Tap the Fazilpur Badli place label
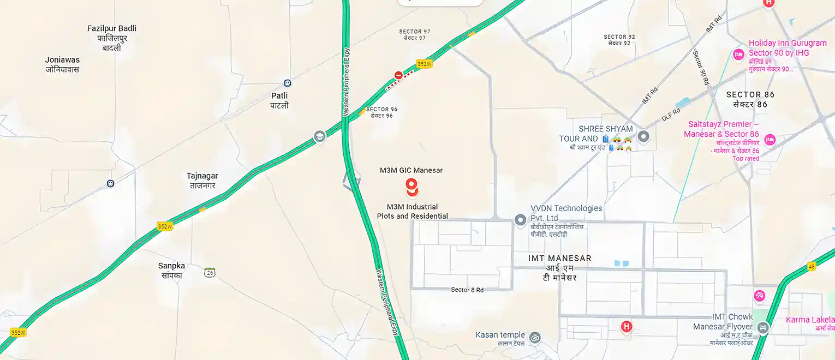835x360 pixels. point(112,28)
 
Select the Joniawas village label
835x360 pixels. point(62,60)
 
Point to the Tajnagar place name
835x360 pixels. point(202,176)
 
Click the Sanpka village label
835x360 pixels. point(171,266)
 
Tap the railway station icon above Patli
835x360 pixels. point(287,83)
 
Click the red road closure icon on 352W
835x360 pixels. point(398,75)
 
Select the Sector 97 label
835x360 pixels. point(415,32)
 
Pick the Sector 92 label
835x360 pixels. point(619,37)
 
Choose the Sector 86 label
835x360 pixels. point(750,95)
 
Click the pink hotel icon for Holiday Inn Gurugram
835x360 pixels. point(738,53)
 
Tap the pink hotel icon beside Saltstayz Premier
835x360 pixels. point(770,139)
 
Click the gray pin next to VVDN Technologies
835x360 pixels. point(520,219)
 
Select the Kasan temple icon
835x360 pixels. point(535,338)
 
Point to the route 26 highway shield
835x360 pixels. point(210,272)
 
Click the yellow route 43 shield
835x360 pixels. point(812,266)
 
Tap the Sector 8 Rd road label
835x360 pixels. point(467,290)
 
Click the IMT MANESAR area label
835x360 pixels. point(560,258)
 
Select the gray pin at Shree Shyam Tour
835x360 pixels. point(643,136)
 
